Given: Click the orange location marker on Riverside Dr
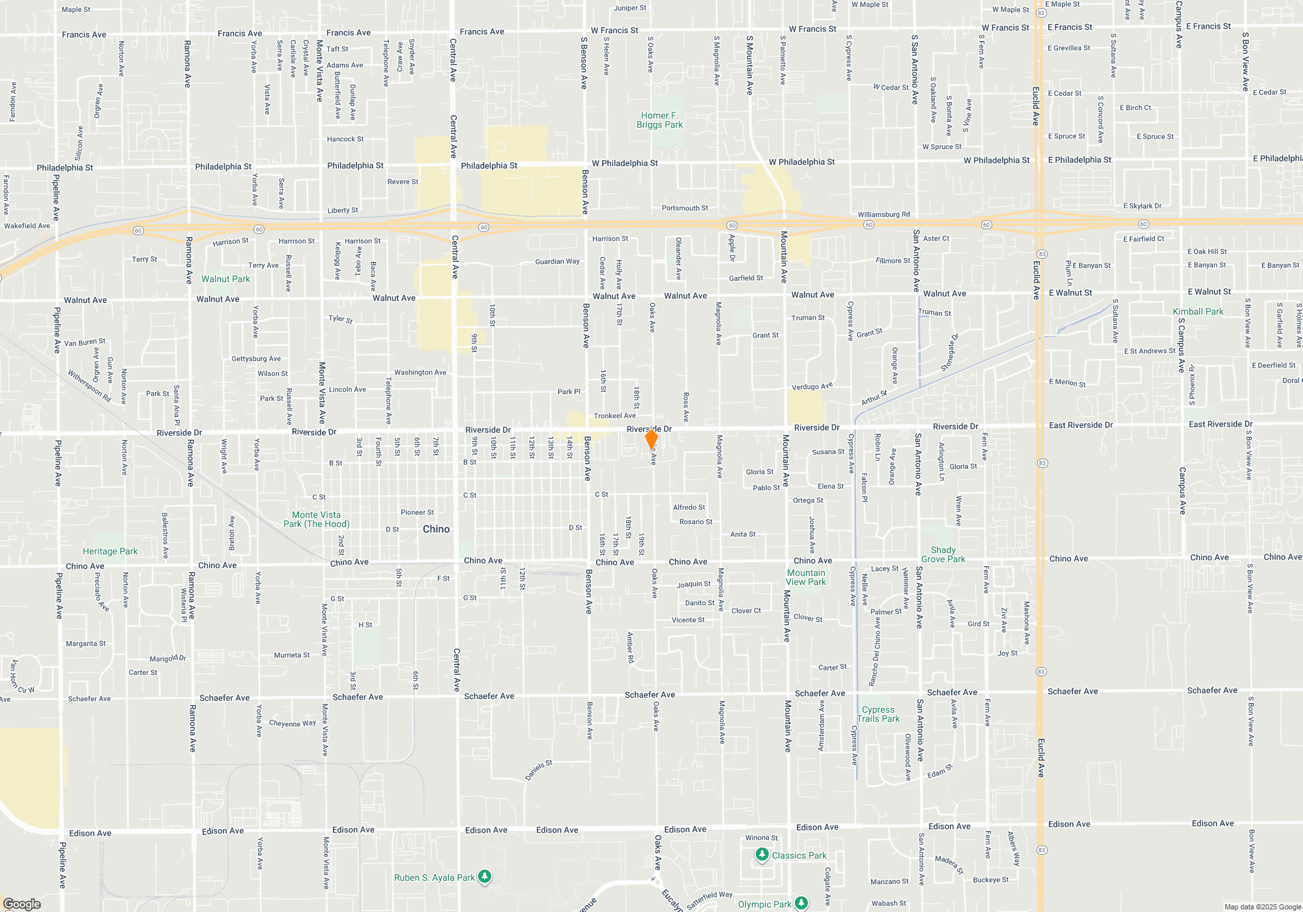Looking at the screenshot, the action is tap(651, 439).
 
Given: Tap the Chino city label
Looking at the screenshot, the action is tap(436, 529).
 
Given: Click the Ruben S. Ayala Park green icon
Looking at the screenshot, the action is tap(485, 877).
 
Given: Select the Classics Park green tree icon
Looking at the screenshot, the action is tap(762, 854).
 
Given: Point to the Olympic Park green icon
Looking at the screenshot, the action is tap(802, 903).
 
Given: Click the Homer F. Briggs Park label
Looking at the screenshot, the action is tap(659, 120).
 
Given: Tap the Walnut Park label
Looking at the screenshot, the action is tap(225, 279).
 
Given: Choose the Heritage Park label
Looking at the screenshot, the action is tap(110, 551).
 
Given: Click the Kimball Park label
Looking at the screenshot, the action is tap(1198, 311).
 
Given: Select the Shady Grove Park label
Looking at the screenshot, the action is tap(943, 554).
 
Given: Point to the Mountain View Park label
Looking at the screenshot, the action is tap(806, 577).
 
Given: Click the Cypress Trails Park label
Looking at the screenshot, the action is tap(878, 714).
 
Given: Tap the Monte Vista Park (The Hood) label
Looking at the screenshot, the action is tap(316, 519).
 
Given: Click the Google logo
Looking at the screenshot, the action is tap(22, 904).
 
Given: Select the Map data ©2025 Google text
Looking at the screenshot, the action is tap(1262, 907).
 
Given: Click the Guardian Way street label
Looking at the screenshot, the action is tap(557, 261).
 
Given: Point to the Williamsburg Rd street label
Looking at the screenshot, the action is tap(883, 214).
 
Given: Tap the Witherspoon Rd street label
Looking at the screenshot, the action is tap(89, 386).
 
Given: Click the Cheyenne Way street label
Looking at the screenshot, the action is tap(293, 723).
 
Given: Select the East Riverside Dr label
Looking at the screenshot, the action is tap(1080, 425).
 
